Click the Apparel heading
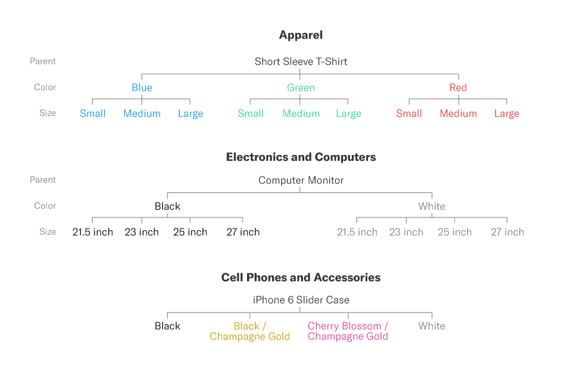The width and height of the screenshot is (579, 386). coord(300,35)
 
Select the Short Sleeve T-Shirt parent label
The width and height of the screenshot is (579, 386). coord(301,61)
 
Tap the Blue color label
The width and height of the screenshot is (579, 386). coord(142,87)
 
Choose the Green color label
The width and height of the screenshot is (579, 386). coord(301,87)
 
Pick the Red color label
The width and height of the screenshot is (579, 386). coord(458,87)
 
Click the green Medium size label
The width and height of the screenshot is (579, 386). coord(301,113)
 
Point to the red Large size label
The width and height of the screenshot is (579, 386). coord(507,114)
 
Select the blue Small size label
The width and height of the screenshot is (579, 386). coord(93,113)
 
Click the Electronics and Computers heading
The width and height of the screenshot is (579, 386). coord(301,157)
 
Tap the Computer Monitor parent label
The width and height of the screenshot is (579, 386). coord(301,180)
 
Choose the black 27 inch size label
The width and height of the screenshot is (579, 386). coord(243,232)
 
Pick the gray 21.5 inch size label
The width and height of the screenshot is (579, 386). coord(357,232)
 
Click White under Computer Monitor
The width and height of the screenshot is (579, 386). coord(432,206)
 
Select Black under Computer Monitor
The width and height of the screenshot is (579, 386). coord(167,206)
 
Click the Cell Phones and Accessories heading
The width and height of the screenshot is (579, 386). coord(301,277)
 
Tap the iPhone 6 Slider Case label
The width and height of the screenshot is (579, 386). coord(301,300)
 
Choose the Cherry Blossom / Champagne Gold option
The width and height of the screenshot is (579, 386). coord(348,331)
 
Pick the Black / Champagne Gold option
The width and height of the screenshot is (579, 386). coord(250,331)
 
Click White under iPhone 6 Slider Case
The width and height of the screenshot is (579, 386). coord(432,326)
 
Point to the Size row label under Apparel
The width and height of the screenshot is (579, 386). coord(48,113)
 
